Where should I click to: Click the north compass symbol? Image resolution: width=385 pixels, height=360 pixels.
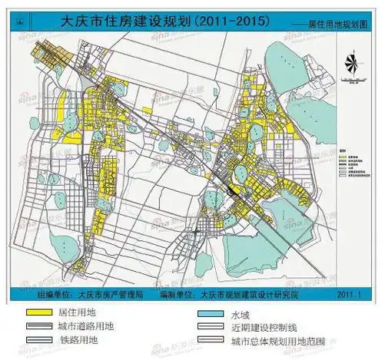[352, 65]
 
